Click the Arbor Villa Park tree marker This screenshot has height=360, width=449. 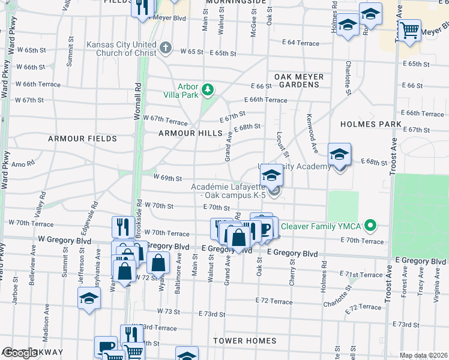tap(208, 89)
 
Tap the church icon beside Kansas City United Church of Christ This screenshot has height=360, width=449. tap(166, 48)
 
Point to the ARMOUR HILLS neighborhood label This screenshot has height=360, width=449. tap(190, 133)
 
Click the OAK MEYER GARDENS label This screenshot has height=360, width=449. tap(299, 81)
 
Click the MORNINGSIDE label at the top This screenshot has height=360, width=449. tap(235, 2)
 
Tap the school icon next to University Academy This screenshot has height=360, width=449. tap(339, 155)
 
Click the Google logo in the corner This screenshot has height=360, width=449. tap(19, 353)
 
